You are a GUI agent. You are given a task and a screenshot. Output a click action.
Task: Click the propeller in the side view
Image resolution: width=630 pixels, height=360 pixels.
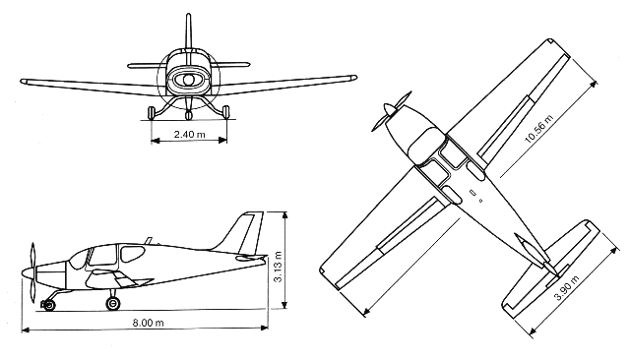point(32,270)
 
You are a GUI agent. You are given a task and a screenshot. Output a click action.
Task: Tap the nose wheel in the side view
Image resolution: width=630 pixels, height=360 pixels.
point(48,304)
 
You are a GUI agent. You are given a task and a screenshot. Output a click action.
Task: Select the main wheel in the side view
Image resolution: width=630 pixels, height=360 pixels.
point(113,303)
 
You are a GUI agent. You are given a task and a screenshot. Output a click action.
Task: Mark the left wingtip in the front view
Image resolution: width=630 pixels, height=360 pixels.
point(22,78)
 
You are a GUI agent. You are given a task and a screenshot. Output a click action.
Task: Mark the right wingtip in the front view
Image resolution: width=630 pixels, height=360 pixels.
point(352,75)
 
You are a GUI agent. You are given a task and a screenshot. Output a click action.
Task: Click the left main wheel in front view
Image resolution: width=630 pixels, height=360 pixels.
point(151,111)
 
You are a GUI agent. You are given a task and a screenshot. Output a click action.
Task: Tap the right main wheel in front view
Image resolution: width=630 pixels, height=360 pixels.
point(225,111)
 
